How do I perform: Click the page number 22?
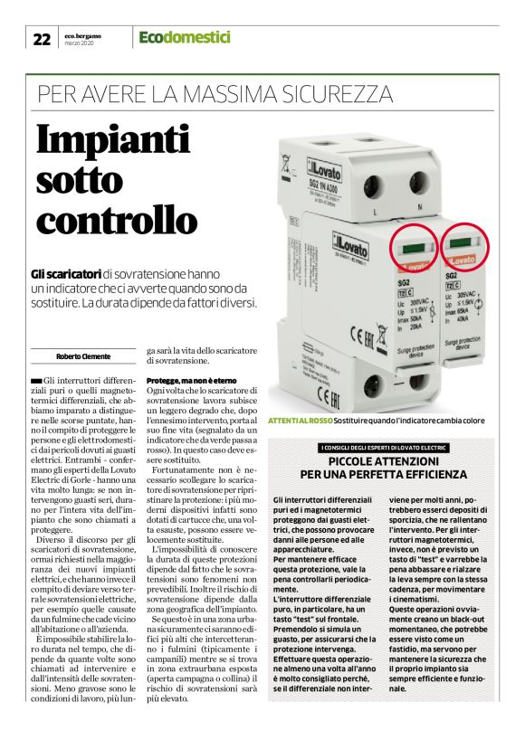(42, 39)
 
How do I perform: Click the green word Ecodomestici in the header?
(185, 38)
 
